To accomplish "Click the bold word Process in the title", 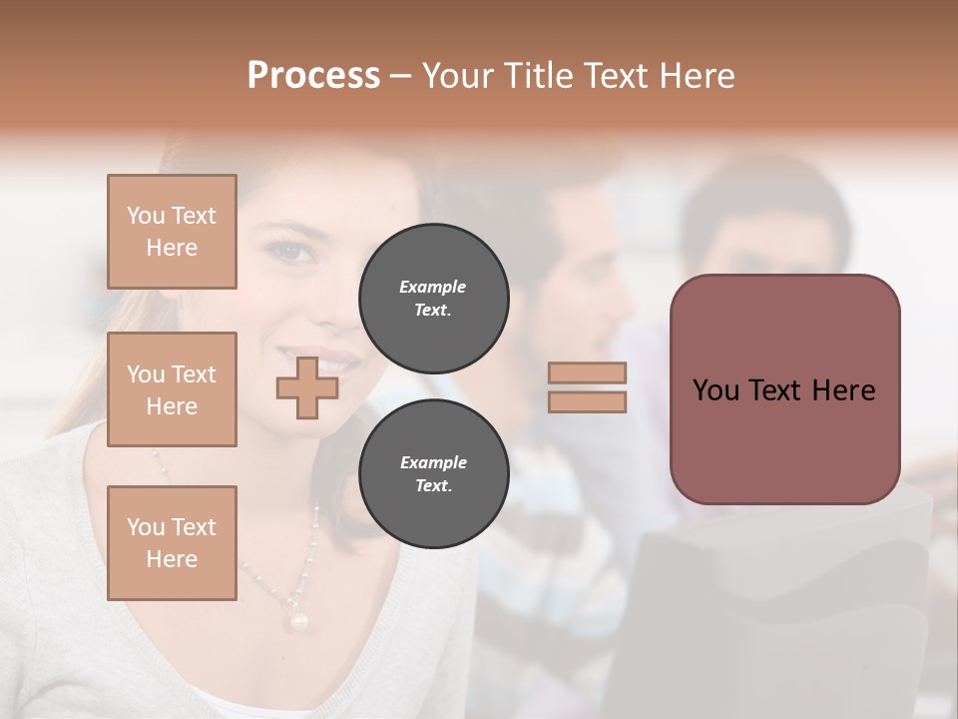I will click(313, 76).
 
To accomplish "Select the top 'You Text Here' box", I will click(172, 232).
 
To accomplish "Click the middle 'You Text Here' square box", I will click(172, 389).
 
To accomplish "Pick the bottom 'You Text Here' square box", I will click(172, 543).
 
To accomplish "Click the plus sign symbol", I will click(306, 387).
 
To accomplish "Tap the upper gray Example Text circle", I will click(433, 299).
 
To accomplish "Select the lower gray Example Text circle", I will click(433, 474).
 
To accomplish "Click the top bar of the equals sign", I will click(587, 372).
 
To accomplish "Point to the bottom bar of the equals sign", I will click(587, 401).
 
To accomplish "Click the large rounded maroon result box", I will click(784, 389).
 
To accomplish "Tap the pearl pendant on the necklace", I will click(297, 621).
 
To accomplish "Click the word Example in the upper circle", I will click(433, 287).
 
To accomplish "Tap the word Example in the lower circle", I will click(433, 462).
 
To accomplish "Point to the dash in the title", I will click(400, 77).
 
